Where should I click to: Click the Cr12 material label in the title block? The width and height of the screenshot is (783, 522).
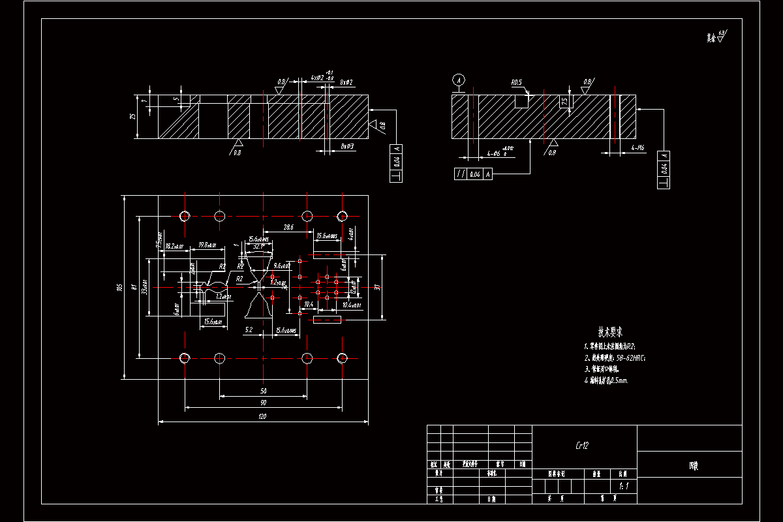tap(582, 446)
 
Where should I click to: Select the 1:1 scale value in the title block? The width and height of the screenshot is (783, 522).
tap(623, 486)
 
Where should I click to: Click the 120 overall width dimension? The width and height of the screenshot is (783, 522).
tap(262, 416)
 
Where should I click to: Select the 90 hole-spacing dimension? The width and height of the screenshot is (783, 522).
tap(262, 403)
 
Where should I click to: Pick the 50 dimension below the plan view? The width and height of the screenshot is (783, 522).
tap(262, 391)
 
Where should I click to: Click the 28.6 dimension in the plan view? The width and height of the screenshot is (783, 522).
tap(288, 227)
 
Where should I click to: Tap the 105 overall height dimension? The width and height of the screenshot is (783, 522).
tap(120, 287)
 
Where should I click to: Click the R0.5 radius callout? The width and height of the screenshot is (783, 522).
tap(517, 83)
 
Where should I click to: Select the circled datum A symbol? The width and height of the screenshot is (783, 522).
tap(459, 80)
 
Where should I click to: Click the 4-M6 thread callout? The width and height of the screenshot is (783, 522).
tap(637, 148)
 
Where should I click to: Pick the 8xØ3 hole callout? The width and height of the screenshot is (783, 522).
tap(347, 147)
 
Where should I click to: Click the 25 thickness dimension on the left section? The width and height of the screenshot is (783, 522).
tap(132, 117)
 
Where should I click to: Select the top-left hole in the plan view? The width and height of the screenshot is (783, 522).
tap(185, 216)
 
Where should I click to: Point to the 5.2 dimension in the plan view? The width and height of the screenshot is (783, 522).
tap(249, 331)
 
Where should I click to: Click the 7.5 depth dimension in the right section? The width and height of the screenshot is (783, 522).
tap(564, 102)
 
